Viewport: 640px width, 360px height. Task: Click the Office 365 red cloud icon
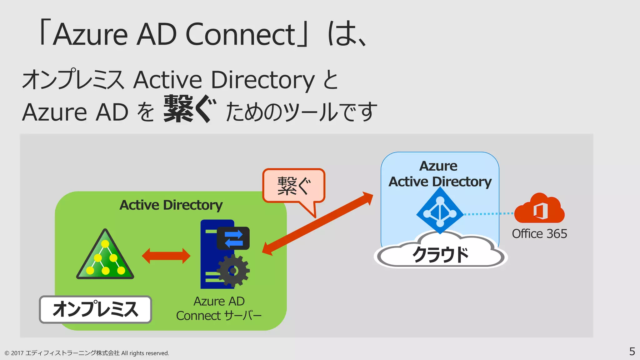tap(540, 209)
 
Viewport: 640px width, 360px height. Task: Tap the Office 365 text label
tap(539, 234)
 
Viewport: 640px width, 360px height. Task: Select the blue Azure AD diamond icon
tap(440, 211)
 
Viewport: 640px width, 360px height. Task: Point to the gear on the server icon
tap(233, 270)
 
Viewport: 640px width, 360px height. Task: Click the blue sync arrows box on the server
tap(233, 238)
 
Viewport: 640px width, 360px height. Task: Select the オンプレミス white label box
tap(95, 309)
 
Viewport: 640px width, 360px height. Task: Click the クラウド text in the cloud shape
tap(441, 255)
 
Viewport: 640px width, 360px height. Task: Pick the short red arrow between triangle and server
tap(166, 256)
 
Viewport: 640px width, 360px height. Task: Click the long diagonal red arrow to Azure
tap(317, 224)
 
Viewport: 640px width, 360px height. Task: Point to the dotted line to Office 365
tap(488, 214)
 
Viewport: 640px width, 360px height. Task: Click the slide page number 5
tap(632, 352)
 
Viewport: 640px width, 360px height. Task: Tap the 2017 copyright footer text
tap(87, 353)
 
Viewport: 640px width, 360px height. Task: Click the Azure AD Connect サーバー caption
tap(219, 308)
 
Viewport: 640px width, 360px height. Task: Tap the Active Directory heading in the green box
tap(171, 205)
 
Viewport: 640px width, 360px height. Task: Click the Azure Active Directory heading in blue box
tap(440, 174)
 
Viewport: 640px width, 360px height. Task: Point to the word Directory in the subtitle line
tap(263, 80)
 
